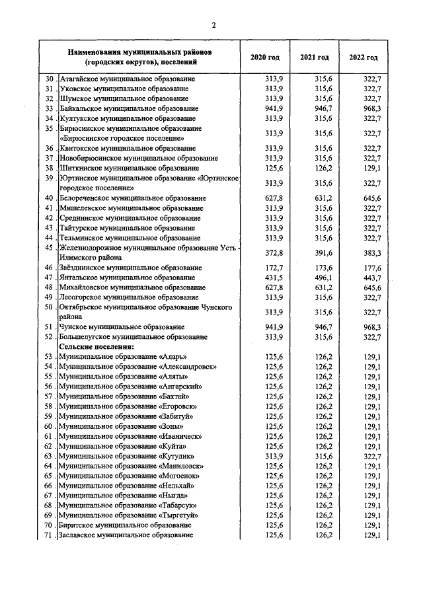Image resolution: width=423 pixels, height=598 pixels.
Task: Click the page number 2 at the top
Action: [213, 26]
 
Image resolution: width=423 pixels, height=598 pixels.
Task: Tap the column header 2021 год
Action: [314, 57]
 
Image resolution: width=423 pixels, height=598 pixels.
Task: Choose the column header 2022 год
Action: [364, 57]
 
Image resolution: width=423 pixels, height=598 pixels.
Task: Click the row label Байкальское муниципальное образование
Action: [129, 108]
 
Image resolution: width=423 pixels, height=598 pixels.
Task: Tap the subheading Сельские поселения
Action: [96, 346]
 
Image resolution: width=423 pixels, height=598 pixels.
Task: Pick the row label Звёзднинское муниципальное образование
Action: [130, 268]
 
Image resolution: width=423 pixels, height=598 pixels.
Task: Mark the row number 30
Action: [48, 79]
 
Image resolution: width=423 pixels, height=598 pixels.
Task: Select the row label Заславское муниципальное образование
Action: [126, 535]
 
